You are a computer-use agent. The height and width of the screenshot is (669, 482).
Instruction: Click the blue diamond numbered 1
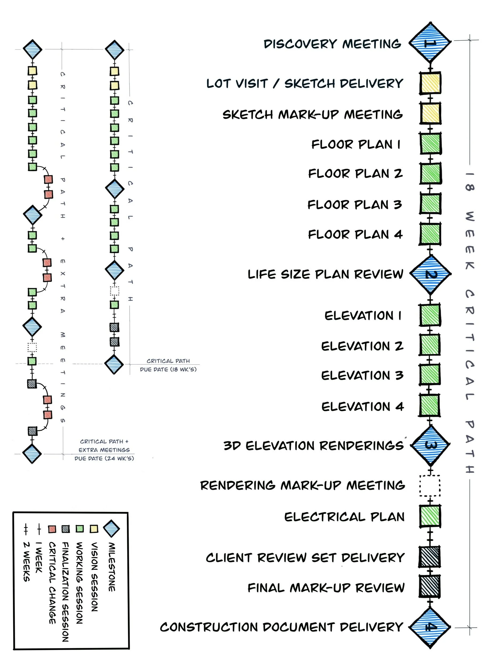(x=430, y=43)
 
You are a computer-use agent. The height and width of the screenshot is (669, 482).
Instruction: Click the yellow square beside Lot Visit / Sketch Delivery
(x=430, y=84)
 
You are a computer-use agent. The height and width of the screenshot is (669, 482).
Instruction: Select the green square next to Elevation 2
(x=430, y=345)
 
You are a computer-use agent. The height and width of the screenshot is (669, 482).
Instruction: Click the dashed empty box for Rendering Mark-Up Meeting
(x=430, y=486)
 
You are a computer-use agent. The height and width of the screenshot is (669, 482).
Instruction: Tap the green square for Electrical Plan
(x=430, y=516)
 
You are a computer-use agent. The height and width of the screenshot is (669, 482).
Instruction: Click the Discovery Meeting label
(x=332, y=44)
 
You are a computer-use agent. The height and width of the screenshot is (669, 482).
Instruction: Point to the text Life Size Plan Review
(x=325, y=274)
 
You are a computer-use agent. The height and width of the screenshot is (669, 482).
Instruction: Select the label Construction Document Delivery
(x=282, y=627)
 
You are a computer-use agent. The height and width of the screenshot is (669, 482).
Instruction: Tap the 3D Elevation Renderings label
(x=314, y=446)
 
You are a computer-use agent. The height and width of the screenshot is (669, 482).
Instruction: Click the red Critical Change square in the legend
(x=52, y=529)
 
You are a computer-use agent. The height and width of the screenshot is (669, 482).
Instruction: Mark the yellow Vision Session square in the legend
(x=94, y=529)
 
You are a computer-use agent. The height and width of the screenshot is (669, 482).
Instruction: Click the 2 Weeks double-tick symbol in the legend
(x=26, y=529)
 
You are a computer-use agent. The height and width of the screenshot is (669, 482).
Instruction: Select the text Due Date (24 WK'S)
(x=104, y=458)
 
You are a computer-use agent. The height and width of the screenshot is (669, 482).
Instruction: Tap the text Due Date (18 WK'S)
(x=168, y=369)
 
